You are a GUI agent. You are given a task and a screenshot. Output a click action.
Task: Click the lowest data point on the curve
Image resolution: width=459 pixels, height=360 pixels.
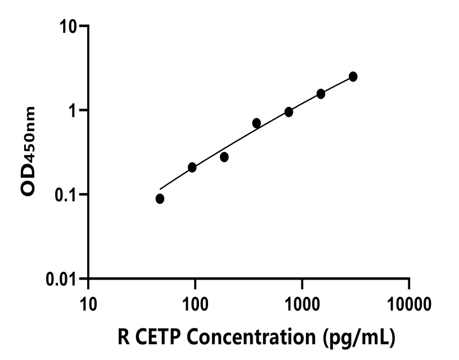[160, 199]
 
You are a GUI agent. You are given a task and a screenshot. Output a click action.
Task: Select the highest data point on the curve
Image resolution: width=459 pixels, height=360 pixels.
[353, 76]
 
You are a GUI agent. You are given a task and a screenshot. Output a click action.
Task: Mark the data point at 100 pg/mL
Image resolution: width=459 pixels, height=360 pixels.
[192, 167]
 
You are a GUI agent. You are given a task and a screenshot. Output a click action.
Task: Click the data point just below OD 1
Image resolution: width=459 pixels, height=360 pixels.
[289, 112]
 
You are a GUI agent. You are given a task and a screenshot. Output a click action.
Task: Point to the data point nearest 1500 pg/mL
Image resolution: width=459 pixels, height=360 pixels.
[321, 94]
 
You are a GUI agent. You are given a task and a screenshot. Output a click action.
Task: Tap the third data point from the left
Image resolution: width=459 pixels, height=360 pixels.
[224, 157]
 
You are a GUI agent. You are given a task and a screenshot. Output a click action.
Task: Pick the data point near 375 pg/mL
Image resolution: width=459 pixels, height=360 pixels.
[256, 123]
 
